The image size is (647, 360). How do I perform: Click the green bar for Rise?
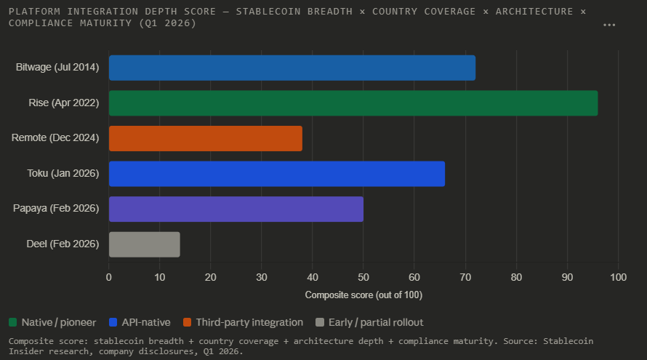tap(353, 103)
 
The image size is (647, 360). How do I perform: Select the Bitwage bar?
tap(292, 68)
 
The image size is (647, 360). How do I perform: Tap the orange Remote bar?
tap(205, 138)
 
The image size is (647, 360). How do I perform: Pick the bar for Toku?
tap(276, 174)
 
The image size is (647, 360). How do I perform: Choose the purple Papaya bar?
tap(236, 209)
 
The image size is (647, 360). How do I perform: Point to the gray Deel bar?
tap(144, 244)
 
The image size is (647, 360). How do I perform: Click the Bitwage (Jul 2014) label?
tap(57, 68)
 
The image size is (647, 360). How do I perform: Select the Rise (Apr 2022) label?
tap(63, 103)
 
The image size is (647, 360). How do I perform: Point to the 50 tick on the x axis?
tap(363, 277)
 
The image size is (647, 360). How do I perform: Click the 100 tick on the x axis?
tap(618, 277)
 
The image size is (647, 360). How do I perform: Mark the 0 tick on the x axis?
tap(109, 277)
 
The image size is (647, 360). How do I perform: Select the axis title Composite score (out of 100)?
tap(363, 295)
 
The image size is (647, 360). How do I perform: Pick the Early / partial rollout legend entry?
tap(370, 322)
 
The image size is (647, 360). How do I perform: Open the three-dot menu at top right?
tap(609, 25)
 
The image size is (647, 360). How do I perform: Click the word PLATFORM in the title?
tap(33, 12)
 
